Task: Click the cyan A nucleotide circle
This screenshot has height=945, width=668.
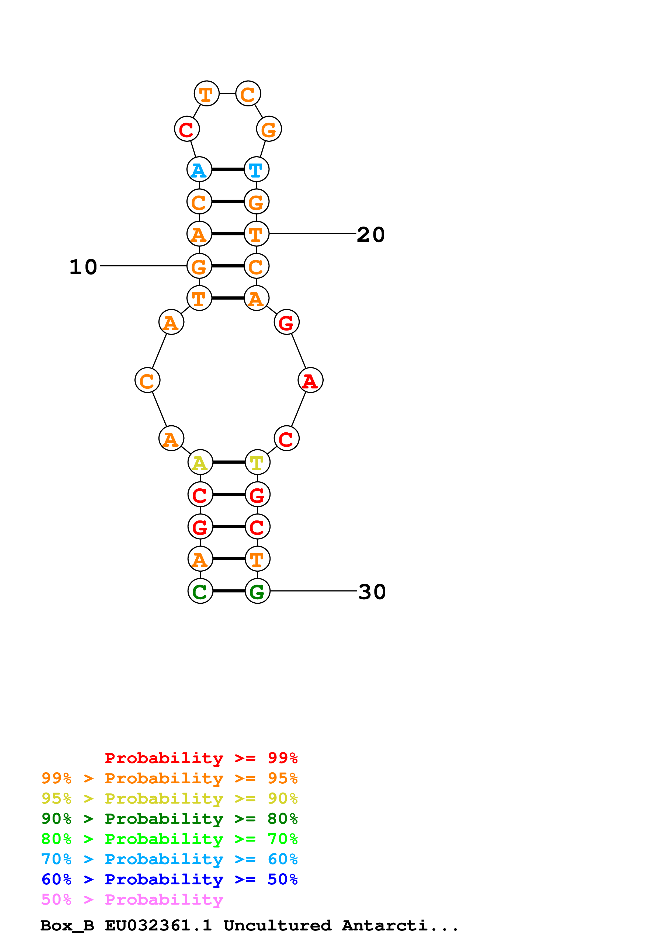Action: tap(199, 169)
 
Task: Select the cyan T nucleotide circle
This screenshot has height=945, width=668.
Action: tap(257, 169)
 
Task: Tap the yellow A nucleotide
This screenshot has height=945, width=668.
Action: tap(200, 462)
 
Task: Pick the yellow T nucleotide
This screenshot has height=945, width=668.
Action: tap(257, 462)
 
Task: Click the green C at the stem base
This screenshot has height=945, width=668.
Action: tap(200, 591)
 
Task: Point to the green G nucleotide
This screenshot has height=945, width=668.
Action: tap(257, 591)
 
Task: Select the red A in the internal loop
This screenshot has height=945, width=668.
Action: tap(310, 380)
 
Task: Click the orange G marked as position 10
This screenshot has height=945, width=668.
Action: tap(199, 266)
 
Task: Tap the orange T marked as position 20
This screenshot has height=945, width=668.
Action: tap(257, 234)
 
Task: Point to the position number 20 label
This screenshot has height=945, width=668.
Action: tap(371, 235)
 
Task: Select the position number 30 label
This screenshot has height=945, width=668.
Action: tap(372, 592)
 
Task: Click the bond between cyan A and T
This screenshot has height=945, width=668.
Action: tap(228, 169)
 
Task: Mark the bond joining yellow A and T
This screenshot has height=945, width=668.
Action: tap(229, 462)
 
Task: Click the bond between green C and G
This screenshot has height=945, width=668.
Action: tap(229, 591)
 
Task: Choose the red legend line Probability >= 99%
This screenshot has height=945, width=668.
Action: tap(201, 758)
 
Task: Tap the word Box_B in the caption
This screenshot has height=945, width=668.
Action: tap(67, 926)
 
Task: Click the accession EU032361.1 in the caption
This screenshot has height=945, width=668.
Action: tap(158, 925)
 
